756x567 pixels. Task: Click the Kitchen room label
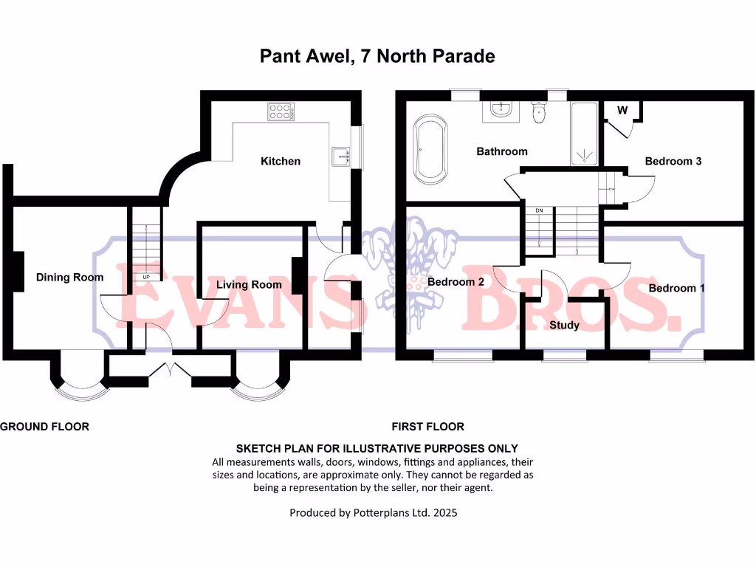coord(281,161)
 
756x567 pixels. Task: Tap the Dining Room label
coord(69,278)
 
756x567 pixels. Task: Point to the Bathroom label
coord(502,151)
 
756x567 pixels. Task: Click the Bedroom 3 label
coord(673,161)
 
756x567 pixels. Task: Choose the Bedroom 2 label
coord(456,282)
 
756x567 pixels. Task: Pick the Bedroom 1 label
coord(676,288)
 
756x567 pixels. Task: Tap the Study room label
coord(565,325)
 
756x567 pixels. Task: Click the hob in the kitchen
coord(280,111)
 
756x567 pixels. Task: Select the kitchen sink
coord(342,157)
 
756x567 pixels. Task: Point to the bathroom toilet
coord(539,112)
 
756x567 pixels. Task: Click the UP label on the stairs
coord(146,277)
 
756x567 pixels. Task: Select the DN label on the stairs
coord(539,211)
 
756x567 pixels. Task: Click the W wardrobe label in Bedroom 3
coord(622,111)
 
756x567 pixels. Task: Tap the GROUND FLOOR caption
coord(44,427)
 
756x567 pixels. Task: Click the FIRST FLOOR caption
coord(428,427)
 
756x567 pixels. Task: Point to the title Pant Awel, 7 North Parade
coord(377,56)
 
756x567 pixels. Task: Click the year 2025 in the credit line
coord(444,512)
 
